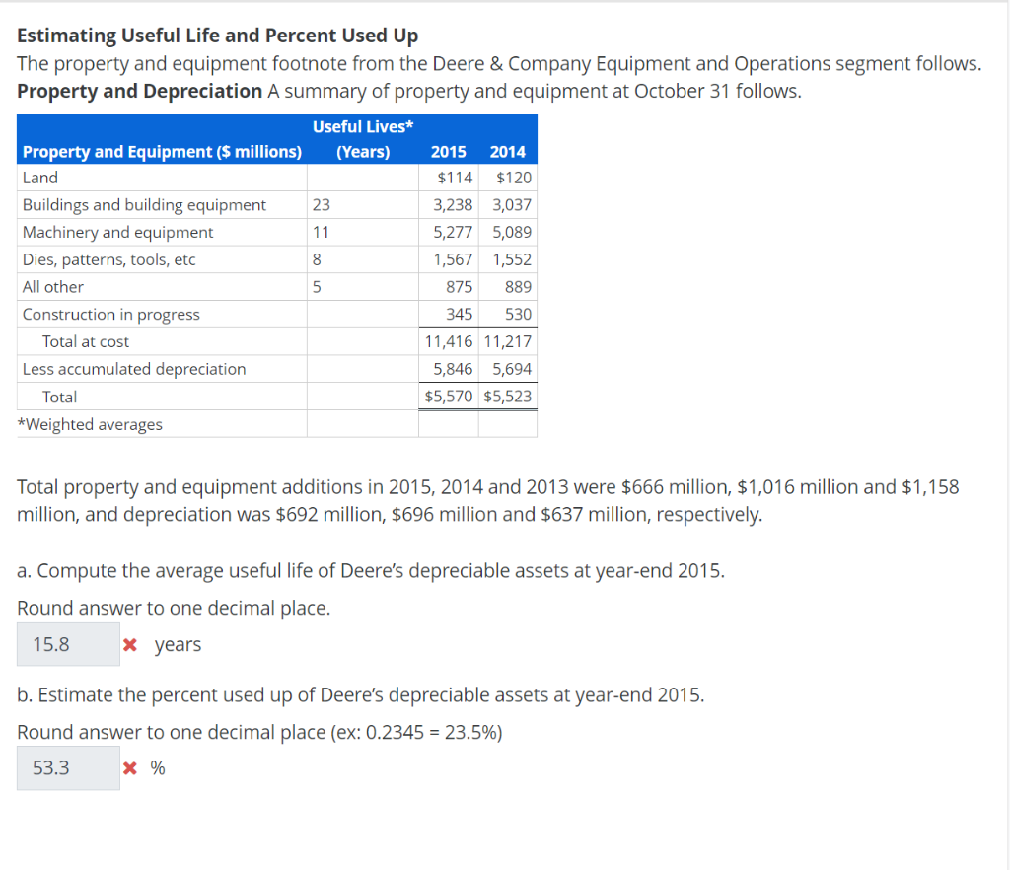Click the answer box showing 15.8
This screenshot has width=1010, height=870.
pos(67,644)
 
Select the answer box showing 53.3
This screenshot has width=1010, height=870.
pos(67,767)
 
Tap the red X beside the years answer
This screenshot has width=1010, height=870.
pos(129,645)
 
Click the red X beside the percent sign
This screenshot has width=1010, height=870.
pos(129,768)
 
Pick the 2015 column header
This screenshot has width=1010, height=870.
pos(449,152)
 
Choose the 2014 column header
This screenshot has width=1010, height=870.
pos(508,152)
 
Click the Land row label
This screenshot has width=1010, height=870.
pos(40,178)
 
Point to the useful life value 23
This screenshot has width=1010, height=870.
pos(322,205)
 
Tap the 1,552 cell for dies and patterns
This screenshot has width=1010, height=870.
pos(512,259)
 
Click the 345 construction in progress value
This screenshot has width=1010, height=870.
pos(460,315)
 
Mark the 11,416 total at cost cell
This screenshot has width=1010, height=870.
pos(449,341)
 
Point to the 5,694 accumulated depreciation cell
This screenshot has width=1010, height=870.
pos(512,369)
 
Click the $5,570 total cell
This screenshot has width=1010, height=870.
pos(449,397)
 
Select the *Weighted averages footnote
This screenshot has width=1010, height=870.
pos(93,424)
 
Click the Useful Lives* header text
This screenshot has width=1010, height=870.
pos(362,126)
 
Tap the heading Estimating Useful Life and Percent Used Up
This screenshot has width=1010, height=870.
pos(218,36)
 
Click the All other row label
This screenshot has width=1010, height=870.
pos(53,287)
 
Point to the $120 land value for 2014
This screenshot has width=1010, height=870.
pos(514,178)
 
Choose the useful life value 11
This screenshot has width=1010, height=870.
pos(321,233)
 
